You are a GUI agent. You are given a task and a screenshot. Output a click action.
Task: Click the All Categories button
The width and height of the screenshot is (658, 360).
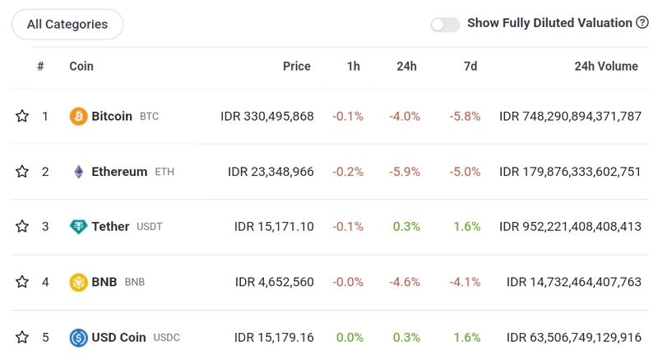[x=67, y=25]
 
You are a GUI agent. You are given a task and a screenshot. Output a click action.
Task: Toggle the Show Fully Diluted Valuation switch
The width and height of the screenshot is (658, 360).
[x=445, y=25]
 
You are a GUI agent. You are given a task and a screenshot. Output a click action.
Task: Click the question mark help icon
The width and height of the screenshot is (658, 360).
[x=642, y=23]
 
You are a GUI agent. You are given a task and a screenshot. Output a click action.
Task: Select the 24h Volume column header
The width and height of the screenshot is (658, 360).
[x=606, y=67]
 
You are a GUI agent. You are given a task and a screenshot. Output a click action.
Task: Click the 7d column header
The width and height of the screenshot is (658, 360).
[x=470, y=67]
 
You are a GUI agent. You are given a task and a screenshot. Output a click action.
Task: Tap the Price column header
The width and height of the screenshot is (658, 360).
[x=297, y=67]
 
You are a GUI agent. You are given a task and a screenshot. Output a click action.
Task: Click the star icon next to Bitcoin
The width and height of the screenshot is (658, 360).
[x=22, y=117]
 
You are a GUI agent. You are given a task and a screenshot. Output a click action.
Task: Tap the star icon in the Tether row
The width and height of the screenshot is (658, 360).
[x=22, y=227]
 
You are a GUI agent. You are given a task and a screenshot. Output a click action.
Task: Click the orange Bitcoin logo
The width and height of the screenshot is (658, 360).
[x=79, y=117]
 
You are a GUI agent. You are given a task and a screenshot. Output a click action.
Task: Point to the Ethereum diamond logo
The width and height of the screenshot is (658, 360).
[x=79, y=172]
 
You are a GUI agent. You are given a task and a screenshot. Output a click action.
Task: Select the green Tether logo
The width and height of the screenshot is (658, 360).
[x=79, y=227]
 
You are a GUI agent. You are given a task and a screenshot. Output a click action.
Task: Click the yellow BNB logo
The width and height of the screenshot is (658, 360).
[x=79, y=282]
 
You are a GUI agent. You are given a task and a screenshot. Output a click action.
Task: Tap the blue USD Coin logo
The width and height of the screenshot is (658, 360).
[x=79, y=337]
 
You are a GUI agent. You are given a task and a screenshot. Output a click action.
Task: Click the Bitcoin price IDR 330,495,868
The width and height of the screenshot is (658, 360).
[x=267, y=117]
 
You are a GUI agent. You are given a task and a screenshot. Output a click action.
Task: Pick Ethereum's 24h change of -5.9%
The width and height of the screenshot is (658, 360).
[x=405, y=172]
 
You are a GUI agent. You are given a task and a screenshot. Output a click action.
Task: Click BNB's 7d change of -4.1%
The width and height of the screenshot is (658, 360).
[x=465, y=282]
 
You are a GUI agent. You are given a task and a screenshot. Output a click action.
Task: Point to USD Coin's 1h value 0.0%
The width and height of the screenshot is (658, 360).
[x=349, y=337]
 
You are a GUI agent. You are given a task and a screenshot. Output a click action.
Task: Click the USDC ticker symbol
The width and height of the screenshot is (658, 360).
[x=166, y=338]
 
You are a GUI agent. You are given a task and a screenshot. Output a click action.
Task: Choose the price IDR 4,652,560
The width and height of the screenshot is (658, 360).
[x=275, y=282]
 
